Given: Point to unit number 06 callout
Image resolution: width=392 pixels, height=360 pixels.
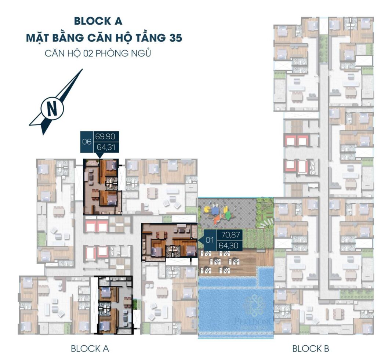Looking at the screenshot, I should pos(87,142).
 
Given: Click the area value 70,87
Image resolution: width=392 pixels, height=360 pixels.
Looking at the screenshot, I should pos(226,235).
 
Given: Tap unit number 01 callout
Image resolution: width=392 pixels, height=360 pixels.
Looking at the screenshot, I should pos(210,240).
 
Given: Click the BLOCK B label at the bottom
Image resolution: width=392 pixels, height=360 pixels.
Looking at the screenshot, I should pos(311,348).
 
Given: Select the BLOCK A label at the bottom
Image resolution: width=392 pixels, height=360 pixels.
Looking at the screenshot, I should pos(90,348).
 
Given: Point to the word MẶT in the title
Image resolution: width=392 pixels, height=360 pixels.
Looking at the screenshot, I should pos(41,38).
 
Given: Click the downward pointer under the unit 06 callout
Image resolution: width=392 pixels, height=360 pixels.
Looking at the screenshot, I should pos(99,156).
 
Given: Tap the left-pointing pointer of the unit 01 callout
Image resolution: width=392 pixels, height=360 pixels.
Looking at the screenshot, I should pos(200,240).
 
